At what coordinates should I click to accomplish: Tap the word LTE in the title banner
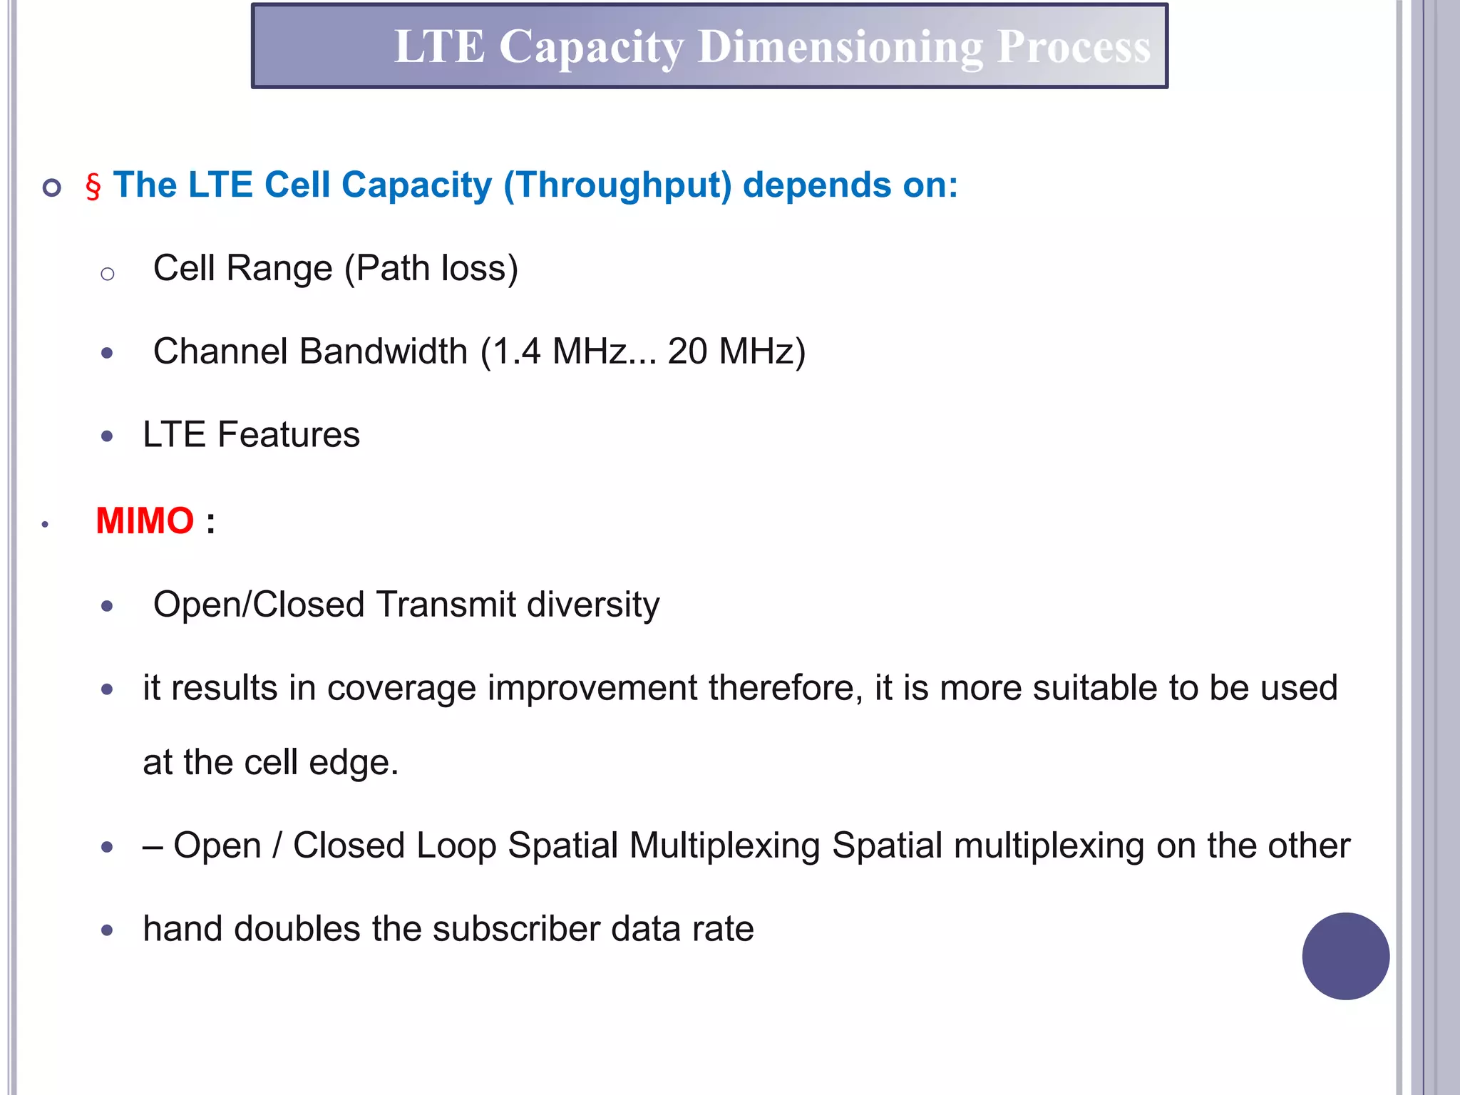pyautogui.click(x=439, y=48)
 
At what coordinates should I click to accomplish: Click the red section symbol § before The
pyautogui.click(x=93, y=187)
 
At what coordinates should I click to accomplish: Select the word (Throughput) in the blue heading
pyautogui.click(x=617, y=185)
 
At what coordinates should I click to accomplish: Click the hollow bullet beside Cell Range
pyautogui.click(x=108, y=274)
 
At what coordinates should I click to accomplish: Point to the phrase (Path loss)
pyautogui.click(x=431, y=269)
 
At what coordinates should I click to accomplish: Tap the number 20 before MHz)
pyautogui.click(x=687, y=351)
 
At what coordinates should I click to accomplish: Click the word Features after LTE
pyautogui.click(x=289, y=435)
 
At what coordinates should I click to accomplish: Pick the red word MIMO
pyautogui.click(x=145, y=521)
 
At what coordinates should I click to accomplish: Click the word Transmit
pyautogui.click(x=446, y=605)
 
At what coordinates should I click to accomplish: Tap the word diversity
pyautogui.click(x=593, y=605)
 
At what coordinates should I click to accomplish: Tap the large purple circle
pyautogui.click(x=1345, y=956)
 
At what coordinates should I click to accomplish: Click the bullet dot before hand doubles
pyautogui.click(x=108, y=930)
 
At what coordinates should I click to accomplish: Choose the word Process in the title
pyautogui.click(x=1074, y=48)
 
